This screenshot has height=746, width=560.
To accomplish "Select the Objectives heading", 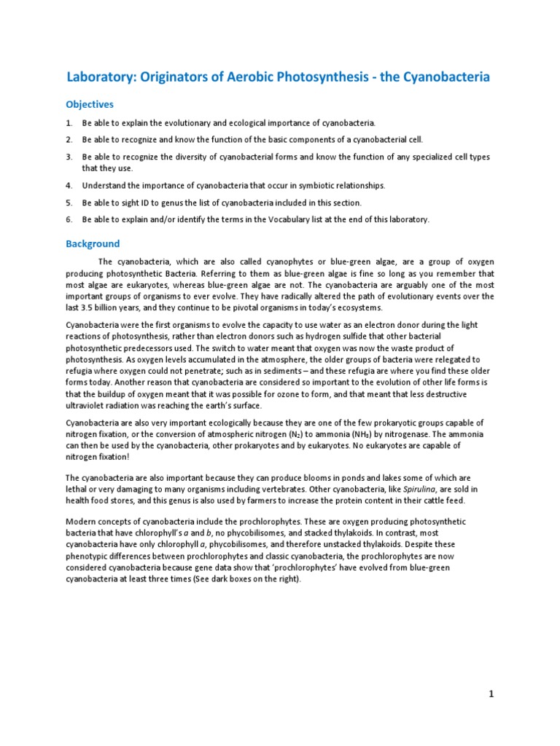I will [x=90, y=104].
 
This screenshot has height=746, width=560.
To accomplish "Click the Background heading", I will [x=93, y=244].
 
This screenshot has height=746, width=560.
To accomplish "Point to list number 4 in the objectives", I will [x=69, y=186].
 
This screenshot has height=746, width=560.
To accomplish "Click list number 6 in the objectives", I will [x=69, y=219].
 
